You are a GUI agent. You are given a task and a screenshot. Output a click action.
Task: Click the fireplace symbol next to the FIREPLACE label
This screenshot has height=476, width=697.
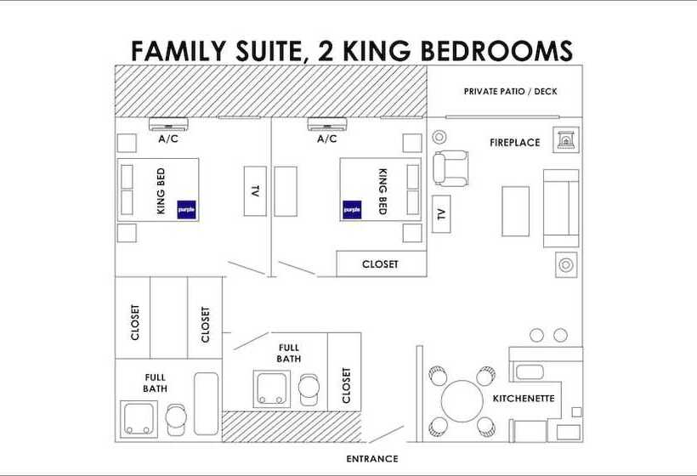[565, 140]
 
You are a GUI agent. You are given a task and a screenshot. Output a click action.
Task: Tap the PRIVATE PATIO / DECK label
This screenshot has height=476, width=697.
[510, 91]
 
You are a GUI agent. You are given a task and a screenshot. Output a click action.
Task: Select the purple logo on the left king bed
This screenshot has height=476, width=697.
[186, 209]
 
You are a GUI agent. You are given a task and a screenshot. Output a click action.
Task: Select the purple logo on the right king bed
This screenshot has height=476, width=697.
[352, 209]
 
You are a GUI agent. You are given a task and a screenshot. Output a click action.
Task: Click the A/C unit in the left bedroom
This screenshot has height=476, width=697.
[168, 122]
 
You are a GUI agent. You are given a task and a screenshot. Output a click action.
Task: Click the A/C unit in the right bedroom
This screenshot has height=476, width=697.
[327, 122]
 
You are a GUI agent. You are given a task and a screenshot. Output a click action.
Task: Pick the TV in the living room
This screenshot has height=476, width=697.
[440, 212]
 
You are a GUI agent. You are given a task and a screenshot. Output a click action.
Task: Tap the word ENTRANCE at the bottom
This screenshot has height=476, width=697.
[371, 459]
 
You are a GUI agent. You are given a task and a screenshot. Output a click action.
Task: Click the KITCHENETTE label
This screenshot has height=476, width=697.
[524, 398]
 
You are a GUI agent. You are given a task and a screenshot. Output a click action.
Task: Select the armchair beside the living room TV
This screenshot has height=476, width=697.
[450, 167]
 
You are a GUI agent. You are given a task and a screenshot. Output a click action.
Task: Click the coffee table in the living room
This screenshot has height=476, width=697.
[515, 210]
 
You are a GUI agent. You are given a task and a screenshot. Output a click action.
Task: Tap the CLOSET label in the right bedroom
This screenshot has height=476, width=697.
[380, 264]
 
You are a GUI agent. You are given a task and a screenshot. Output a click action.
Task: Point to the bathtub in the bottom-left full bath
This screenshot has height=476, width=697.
[207, 405]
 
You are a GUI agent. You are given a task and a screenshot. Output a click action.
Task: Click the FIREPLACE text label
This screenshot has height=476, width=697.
[514, 143]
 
